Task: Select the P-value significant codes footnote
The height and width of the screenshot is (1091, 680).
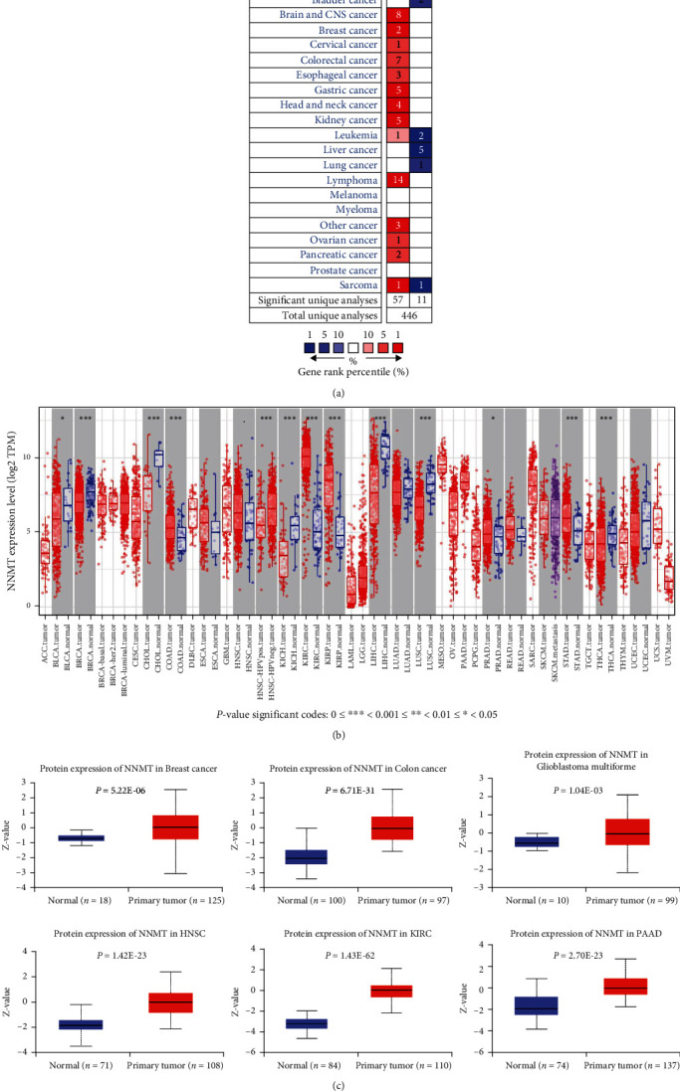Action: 340,686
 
